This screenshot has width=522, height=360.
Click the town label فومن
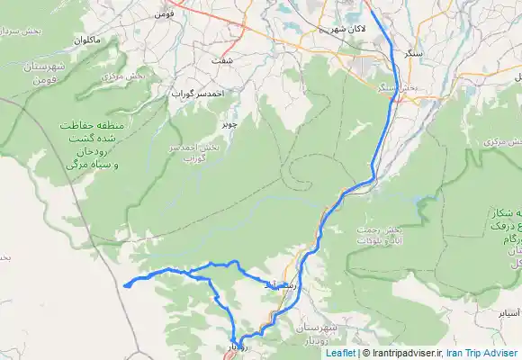coord(164,14)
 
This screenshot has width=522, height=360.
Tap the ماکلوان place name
coord(79,40)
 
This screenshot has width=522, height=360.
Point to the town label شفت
coord(219,60)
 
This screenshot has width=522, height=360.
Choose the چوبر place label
coord(230,123)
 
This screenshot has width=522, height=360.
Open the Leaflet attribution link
coord(340,354)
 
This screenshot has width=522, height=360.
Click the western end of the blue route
coord(123,286)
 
